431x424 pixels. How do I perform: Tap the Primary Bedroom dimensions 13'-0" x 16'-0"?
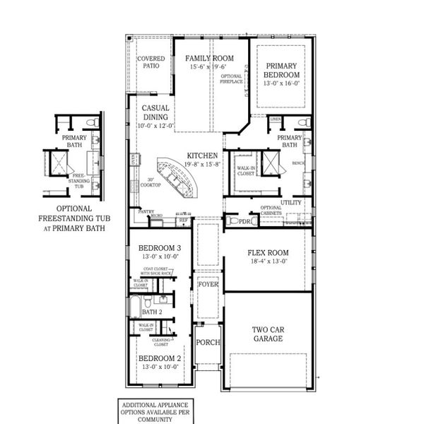tap(282, 83)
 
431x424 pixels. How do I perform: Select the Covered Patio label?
tap(152, 62)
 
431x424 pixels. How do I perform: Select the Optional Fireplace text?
tap(232, 78)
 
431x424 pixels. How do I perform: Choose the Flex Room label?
tap(268, 253)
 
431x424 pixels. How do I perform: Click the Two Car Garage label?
tap(268, 334)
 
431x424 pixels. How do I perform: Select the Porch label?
tap(208, 343)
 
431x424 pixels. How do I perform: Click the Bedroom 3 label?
tap(160, 248)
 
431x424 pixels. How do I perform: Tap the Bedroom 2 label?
tap(160, 358)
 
